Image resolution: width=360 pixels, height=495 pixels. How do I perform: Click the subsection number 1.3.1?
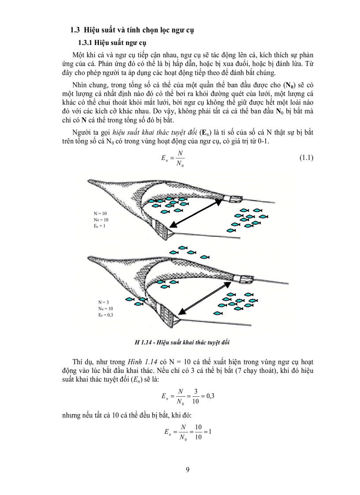point(86,43)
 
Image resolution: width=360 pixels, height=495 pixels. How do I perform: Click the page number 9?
point(187,470)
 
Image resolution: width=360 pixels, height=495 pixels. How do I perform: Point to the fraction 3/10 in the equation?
point(195,396)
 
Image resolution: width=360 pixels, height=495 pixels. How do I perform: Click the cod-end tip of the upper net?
point(92,181)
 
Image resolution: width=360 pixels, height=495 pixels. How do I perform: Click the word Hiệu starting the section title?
point(94,30)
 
